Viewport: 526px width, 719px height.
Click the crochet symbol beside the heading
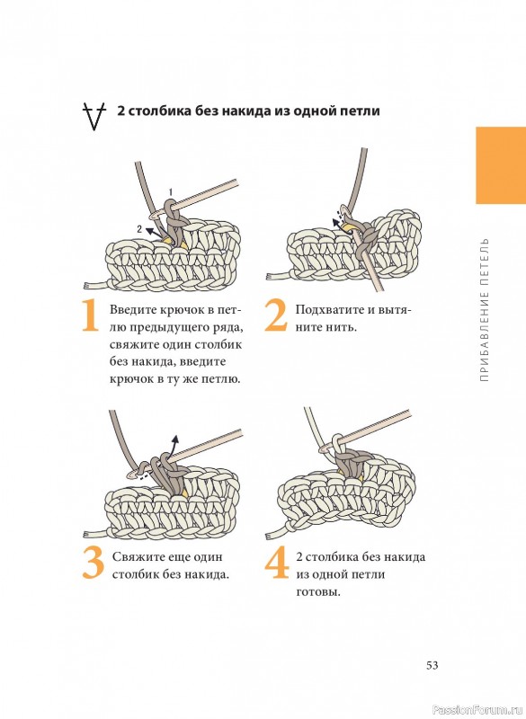click(94, 117)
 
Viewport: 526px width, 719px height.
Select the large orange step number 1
click(90, 315)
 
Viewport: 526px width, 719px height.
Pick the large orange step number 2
click(276, 315)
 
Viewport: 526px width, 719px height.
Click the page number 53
click(432, 665)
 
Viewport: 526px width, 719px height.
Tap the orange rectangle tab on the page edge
click(501, 165)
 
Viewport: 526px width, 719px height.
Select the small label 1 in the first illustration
click(171, 191)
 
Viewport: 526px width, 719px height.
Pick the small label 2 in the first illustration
click(139, 229)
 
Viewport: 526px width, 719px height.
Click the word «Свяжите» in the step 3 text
click(135, 556)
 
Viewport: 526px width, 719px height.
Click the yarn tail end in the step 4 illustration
click(270, 535)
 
